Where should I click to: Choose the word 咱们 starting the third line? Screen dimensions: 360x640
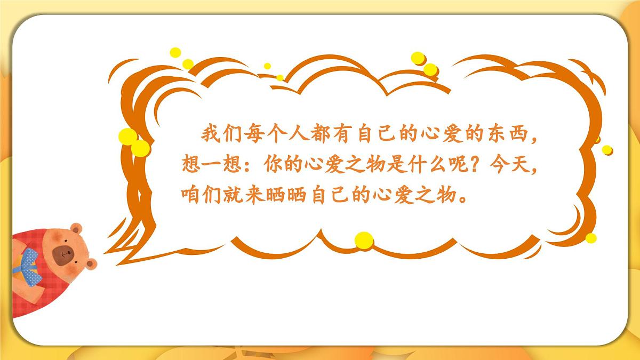point(201,195)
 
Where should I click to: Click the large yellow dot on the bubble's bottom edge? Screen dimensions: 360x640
point(363,240)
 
